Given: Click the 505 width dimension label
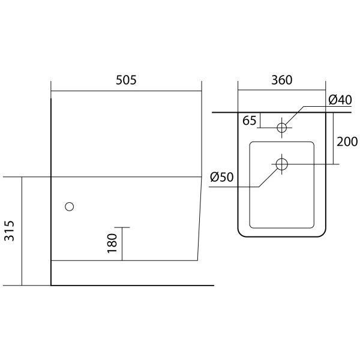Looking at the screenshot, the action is (x=126, y=80).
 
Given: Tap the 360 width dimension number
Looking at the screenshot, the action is (x=282, y=80).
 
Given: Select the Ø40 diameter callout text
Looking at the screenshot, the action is (x=340, y=100).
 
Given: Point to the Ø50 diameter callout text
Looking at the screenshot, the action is (x=222, y=177).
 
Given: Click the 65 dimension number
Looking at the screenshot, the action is (x=249, y=121).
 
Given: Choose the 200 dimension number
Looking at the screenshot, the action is (x=347, y=142).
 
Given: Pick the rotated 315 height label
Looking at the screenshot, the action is (x=10, y=231).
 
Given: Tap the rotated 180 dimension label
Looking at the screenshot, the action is (x=112, y=243).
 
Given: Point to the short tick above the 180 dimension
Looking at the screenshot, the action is (x=122, y=227).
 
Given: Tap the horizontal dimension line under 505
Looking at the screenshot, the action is (x=126, y=91).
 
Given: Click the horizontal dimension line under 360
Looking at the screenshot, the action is (x=282, y=90).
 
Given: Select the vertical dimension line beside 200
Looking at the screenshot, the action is (x=334, y=138).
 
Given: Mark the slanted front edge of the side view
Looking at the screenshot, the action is (x=200, y=218).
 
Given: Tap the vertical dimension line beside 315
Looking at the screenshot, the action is (x=22, y=231).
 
